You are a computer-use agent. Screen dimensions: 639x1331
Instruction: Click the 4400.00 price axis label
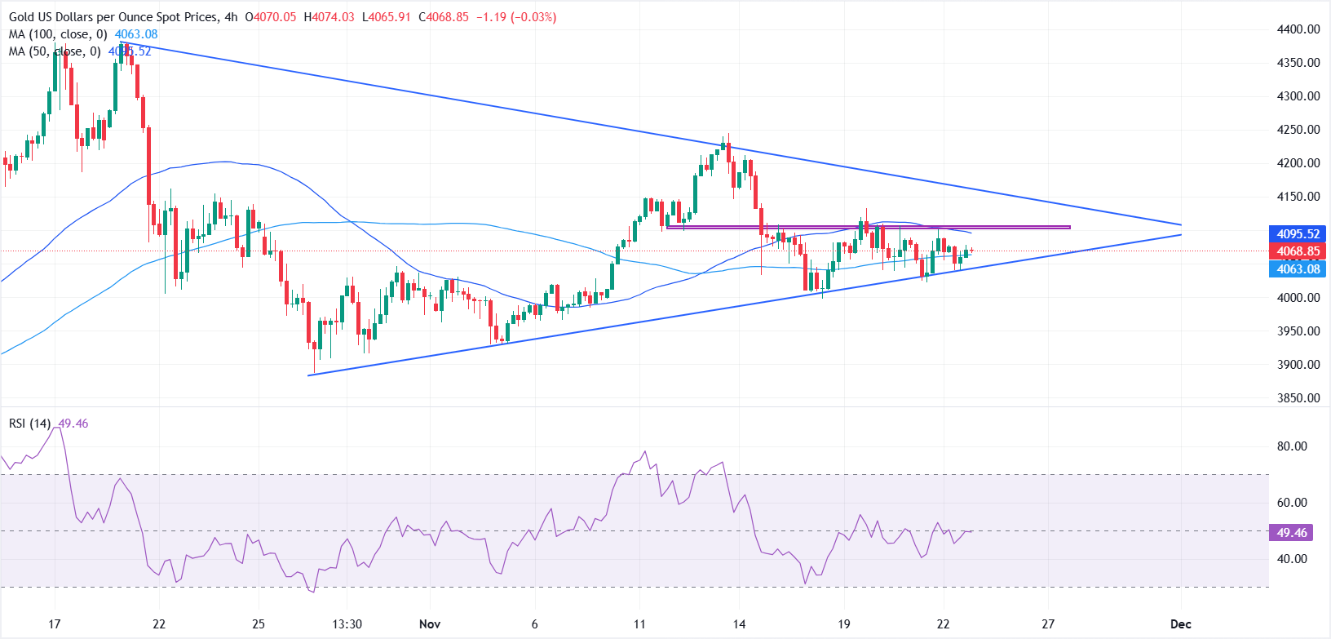1298,29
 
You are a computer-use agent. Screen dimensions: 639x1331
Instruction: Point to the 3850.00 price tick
1298,398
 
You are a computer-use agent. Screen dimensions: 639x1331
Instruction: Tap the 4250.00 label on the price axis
1298,130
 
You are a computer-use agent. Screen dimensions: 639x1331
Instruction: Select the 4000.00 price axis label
1298,298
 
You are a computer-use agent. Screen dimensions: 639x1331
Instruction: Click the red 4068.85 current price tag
1298,251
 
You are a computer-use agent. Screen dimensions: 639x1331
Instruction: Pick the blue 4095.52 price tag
1298,234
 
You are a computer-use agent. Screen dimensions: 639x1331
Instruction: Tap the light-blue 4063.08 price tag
1298,269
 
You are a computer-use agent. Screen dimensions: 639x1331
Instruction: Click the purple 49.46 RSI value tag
1292,533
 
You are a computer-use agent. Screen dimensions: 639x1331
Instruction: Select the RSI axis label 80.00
1292,446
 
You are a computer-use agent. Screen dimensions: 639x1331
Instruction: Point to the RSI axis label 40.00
1292,559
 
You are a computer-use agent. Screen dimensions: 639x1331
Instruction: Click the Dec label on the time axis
1180,624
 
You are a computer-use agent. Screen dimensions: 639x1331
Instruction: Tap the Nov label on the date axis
430,624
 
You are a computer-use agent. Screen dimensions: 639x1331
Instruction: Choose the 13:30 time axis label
347,624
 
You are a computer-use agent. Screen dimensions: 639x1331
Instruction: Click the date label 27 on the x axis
1048,624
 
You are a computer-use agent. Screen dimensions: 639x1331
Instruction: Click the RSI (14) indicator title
30,424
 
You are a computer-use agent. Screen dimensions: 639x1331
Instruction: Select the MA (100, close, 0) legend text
58,34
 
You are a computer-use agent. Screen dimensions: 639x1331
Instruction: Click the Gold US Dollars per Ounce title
113,17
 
